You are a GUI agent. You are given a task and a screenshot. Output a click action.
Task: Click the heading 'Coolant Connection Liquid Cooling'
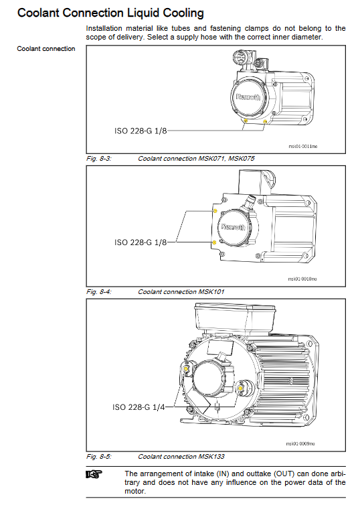click(110, 13)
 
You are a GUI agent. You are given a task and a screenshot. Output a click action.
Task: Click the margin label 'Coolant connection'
click(46, 49)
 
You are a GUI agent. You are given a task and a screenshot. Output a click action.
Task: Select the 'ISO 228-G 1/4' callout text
click(139, 407)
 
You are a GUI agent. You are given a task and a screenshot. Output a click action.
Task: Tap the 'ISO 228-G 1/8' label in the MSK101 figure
click(141, 242)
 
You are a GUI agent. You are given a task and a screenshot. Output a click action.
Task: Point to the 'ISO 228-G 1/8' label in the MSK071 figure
click(141, 131)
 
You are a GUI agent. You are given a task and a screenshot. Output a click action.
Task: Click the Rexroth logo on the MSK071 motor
click(248, 97)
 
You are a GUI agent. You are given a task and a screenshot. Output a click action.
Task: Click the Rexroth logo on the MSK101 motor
click(233, 226)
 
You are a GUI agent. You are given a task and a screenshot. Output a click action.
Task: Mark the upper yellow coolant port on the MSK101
click(215, 211)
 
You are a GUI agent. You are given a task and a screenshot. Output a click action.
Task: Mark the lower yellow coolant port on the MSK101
click(214, 242)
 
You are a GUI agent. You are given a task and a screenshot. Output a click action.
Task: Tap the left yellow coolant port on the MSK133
click(186, 369)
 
